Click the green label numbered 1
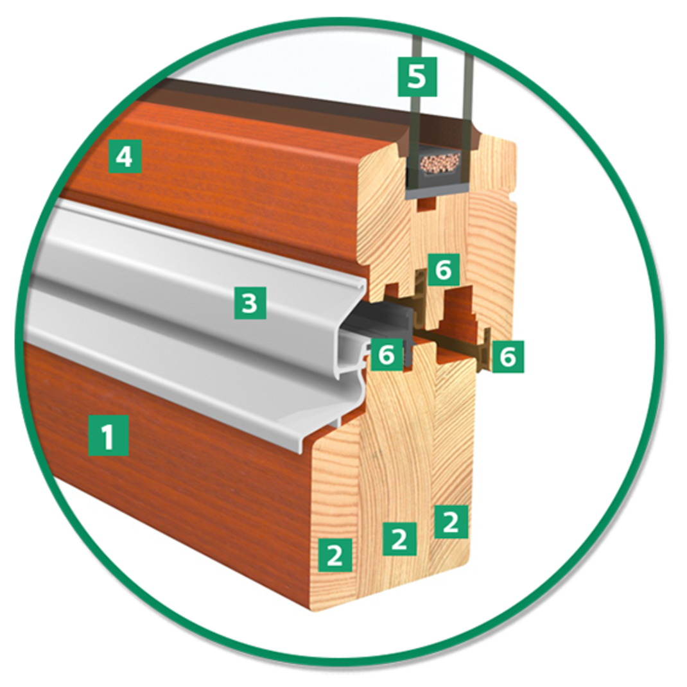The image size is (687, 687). (x=109, y=435)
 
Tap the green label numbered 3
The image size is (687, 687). (x=250, y=303)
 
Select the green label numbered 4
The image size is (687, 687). (x=125, y=157)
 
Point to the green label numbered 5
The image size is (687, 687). (x=417, y=76)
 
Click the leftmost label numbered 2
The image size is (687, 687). (x=335, y=555)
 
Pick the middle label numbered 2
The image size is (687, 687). (x=399, y=539)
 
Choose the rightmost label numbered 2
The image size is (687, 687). (x=451, y=521)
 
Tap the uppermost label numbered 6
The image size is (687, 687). (x=444, y=270)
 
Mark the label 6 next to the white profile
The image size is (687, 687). (x=387, y=354)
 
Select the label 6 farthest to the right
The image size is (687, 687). (x=508, y=356)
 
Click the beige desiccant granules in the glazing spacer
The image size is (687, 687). (x=439, y=164)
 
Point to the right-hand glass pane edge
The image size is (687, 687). (x=467, y=87)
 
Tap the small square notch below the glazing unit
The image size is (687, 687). (x=427, y=204)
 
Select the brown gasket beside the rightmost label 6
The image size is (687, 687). (x=485, y=351)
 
